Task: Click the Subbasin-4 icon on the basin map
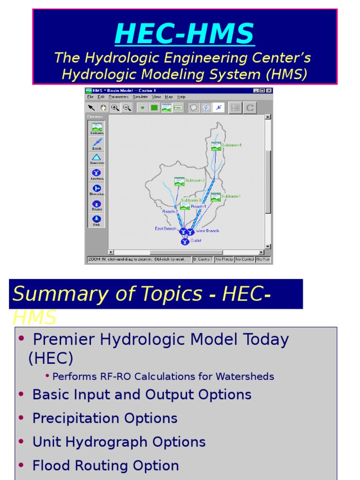[216, 146]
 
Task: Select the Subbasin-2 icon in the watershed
[179, 181]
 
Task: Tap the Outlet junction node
[185, 241]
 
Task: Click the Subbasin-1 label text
[231, 196]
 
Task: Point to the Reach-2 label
[170, 212]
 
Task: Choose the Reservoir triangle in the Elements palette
[97, 157]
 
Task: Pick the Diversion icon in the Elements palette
[97, 188]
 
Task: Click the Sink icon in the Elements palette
[97, 219]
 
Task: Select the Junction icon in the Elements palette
[97, 172]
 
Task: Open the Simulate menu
[140, 97]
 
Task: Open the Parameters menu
[119, 97]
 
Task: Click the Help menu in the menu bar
[181, 97]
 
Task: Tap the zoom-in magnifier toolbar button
[115, 108]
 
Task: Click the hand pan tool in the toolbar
[103, 108]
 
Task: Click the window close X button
[269, 90]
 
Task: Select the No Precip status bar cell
[224, 259]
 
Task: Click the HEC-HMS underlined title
[184, 34]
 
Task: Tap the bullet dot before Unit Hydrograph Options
[21, 442]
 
